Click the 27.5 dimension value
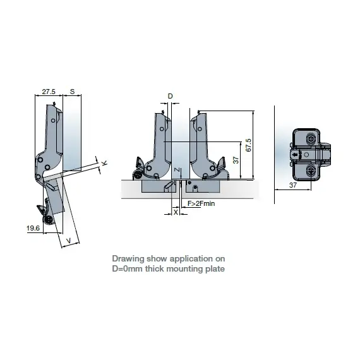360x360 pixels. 48,92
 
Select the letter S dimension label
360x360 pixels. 73,92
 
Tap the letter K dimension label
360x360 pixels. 104,164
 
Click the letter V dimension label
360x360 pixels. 68,240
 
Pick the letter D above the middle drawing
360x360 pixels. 169,96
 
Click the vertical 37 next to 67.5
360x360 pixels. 236,160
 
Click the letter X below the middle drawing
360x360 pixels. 175,212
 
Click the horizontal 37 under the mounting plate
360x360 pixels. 292,185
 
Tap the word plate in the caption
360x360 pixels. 213,268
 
